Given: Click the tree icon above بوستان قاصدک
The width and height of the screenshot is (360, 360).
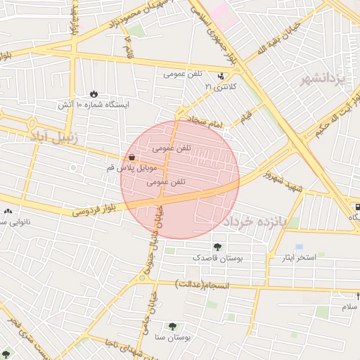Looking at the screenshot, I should [217, 247].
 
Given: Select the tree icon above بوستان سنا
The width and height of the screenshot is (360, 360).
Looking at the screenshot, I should [172, 326].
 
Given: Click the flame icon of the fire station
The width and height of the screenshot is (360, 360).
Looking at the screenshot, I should [94, 94].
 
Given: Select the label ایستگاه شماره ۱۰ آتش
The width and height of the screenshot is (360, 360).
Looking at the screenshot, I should [94, 105].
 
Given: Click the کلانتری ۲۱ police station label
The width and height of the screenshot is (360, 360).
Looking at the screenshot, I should [221, 86].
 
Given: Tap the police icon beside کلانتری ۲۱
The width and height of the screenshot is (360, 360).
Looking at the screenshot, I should [222, 76].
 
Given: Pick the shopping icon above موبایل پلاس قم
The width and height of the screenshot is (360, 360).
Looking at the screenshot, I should [132, 157].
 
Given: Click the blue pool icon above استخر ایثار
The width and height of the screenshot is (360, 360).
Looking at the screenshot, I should [300, 247].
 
